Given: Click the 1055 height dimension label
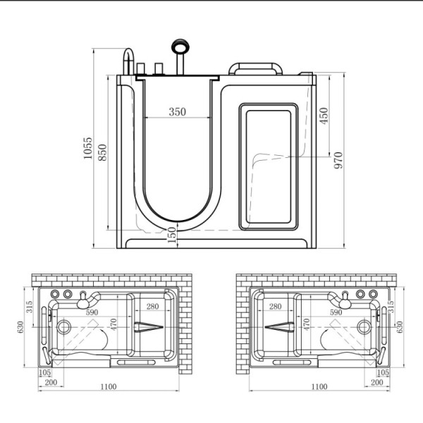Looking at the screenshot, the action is tap(87, 148).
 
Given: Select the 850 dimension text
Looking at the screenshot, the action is tap(102, 152).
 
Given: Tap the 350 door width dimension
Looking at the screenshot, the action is tap(177, 111).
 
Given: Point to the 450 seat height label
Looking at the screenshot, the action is tap(324, 116).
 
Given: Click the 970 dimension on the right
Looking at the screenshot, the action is tap(338, 160).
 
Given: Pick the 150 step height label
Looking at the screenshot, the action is tap(171, 235).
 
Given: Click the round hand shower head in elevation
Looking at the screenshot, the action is tap(180, 46).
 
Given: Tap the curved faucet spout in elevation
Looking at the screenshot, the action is tap(128, 61).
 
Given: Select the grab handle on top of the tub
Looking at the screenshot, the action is tap(255, 68).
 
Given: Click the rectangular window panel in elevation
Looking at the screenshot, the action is tap(269, 166).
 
